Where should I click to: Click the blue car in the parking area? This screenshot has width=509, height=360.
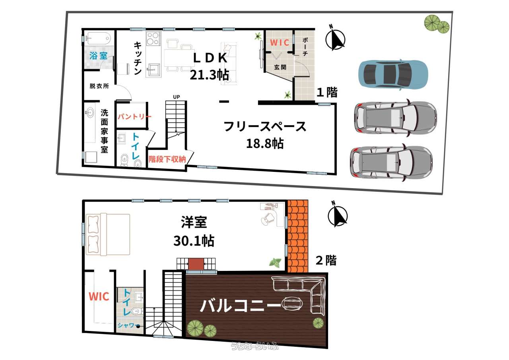(393, 74)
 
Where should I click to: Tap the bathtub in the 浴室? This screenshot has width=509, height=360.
(99, 39)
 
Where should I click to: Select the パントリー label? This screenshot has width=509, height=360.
(134, 117)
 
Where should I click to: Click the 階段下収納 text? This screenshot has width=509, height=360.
(167, 159)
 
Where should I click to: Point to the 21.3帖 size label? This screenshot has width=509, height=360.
(209, 75)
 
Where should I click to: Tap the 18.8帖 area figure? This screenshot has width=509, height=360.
(265, 144)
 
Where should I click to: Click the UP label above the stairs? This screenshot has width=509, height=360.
(176, 97)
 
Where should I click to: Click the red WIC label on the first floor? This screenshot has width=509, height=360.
(280, 43)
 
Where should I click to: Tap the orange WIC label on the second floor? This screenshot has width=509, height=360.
(99, 296)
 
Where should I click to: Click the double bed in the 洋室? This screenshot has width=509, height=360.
(108, 234)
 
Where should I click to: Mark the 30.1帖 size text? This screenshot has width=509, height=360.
(194, 241)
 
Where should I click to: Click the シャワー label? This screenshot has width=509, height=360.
(127, 325)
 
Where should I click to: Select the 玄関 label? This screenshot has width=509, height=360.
(280, 67)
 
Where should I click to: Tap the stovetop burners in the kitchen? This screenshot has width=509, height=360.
(153, 39)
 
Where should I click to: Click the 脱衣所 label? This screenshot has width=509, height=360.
(99, 86)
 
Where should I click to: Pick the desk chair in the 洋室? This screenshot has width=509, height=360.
(268, 218)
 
